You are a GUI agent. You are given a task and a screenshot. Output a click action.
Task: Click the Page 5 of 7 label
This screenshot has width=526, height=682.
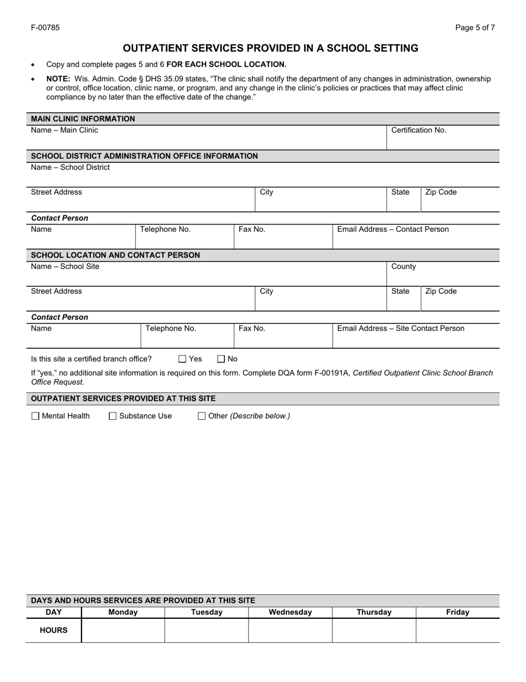pyautogui.click(x=475, y=27)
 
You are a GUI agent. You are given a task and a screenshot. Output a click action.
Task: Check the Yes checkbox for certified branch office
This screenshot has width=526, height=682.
pyautogui.click(x=183, y=359)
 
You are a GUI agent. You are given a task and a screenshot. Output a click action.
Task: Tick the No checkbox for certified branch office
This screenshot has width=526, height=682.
pyautogui.click(x=221, y=359)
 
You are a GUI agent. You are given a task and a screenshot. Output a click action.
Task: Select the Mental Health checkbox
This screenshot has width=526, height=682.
pyautogui.click(x=35, y=416)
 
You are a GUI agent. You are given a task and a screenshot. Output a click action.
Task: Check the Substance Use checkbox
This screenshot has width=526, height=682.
pyautogui.click(x=113, y=416)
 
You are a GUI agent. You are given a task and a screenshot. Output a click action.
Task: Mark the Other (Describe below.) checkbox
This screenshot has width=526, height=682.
pyautogui.click(x=202, y=416)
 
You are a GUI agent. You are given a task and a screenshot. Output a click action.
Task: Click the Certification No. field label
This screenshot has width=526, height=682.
pyautogui.click(x=419, y=130)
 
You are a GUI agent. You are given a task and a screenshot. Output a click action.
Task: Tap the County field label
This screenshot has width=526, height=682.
pyautogui.click(x=403, y=267)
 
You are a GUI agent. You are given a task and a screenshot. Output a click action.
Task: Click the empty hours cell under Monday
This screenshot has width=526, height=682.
pyautogui.click(x=123, y=630)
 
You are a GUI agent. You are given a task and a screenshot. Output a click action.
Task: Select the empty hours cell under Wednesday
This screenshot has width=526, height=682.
pyautogui.click(x=290, y=630)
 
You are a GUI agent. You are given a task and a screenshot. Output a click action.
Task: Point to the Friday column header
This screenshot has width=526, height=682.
pyautogui.click(x=457, y=612)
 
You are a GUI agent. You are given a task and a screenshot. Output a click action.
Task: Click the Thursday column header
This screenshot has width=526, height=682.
pyautogui.click(x=374, y=612)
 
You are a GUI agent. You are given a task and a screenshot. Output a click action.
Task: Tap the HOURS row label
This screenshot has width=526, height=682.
pyautogui.click(x=54, y=630)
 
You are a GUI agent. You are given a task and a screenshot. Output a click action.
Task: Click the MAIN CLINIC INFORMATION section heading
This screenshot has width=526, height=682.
pyautogui.click(x=83, y=119)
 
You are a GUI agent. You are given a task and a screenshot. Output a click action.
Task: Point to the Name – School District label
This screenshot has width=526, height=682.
pyautogui.click(x=70, y=167)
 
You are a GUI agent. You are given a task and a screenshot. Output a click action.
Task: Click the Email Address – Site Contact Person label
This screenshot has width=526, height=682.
pyautogui.click(x=401, y=329)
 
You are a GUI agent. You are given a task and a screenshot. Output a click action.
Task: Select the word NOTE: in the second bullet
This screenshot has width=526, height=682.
pyautogui.click(x=58, y=79)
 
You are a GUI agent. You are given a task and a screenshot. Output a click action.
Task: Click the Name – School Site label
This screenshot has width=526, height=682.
pyautogui.click(x=65, y=267)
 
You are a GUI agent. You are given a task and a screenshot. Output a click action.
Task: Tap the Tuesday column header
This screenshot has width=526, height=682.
pyautogui.click(x=207, y=612)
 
